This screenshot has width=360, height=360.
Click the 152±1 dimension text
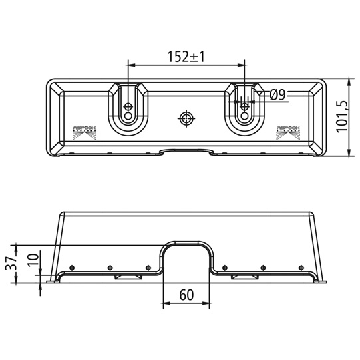(x=186, y=57)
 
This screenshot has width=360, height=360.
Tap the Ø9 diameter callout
(x=278, y=96)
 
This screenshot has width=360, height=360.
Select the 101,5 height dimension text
(x=342, y=118)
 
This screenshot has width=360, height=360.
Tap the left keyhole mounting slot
(x=127, y=108)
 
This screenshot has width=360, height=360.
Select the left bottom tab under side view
(x=126, y=277)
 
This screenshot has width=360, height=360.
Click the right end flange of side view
(x=322, y=281)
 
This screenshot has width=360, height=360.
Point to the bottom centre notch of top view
(x=186, y=152)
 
